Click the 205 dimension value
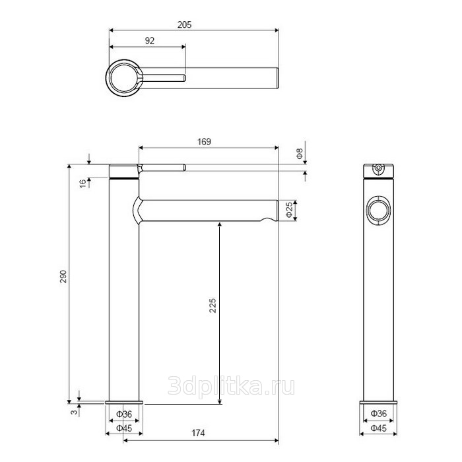click(184, 25)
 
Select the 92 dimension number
click(150, 41)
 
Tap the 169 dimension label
click(204, 142)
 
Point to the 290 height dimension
click(63, 277)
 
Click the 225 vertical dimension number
click(213, 306)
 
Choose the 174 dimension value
click(198, 433)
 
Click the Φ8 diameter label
click(300, 154)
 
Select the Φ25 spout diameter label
click(290, 209)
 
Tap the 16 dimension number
click(83, 183)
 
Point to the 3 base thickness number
click(75, 411)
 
